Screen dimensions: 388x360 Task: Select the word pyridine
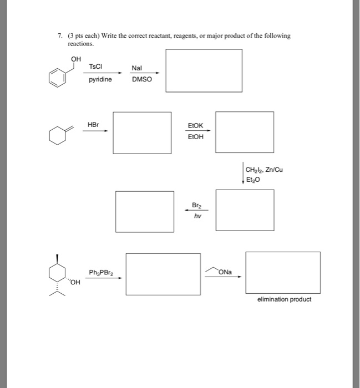point(100,80)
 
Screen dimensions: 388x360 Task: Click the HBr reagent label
point(93,125)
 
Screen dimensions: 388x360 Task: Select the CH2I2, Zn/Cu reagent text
point(263,170)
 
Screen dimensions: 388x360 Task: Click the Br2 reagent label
point(196,205)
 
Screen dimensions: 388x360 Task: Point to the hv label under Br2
point(196,216)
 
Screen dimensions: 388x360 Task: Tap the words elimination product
point(284,299)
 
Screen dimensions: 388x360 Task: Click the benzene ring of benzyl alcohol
point(57,78)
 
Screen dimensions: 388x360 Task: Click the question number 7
point(59,35)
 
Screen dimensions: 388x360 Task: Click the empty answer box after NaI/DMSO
point(204,70)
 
